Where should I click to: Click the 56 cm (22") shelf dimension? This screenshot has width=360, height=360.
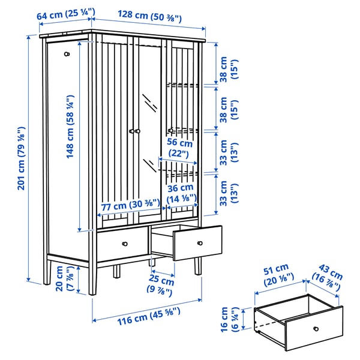pyautogui.click(x=179, y=148)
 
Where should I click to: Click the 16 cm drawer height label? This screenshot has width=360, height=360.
pyautogui.click(x=229, y=320)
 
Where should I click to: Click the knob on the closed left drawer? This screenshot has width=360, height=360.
pyautogui.click(x=126, y=243)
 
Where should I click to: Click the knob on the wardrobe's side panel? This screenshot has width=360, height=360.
pyautogui.click(x=67, y=54)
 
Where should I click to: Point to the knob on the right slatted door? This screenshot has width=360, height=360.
pyautogui.click(x=170, y=130)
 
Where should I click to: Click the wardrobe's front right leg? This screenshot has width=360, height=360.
pyautogui.click(x=197, y=266)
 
